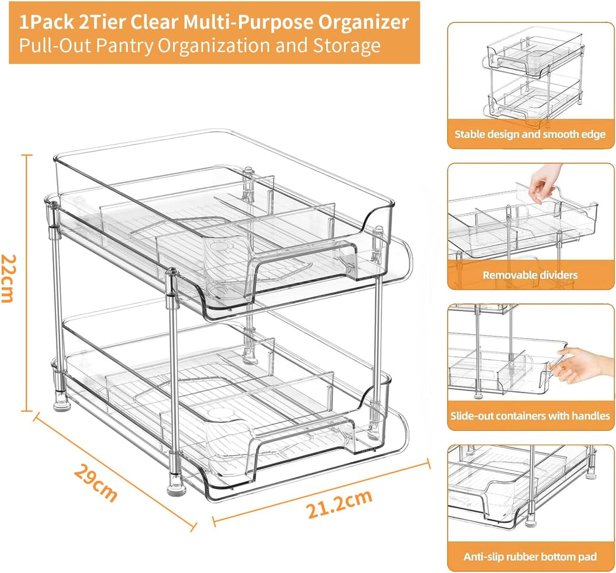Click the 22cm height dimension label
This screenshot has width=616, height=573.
coord(8,278)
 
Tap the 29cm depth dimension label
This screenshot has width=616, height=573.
coord(96,483)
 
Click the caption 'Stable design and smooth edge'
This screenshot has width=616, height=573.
coord(530,134)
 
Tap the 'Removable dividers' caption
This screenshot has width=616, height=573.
coord(530,274)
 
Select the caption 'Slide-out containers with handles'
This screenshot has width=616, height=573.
coord(530,416)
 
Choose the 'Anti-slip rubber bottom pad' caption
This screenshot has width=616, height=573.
coord(530,557)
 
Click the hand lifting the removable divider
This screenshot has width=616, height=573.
coord(543,183)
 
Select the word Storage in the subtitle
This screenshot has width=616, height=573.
coord(347,46)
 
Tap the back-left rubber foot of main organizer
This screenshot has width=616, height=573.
coord(62,400)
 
